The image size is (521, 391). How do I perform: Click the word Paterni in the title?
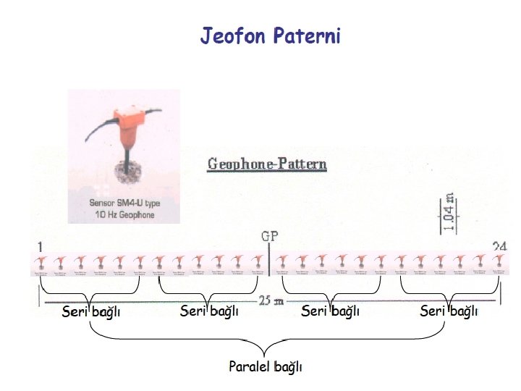pyautogui.click(x=307, y=35)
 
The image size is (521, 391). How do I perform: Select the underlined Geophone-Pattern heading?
pyautogui.click(x=267, y=164)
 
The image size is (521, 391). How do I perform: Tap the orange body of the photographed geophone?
pyautogui.click(x=127, y=126)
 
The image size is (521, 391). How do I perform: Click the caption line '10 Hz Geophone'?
pyautogui.click(x=124, y=215)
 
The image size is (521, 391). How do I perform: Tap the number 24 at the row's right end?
pyautogui.click(x=499, y=246)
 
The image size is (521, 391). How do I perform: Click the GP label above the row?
pyautogui.click(x=268, y=235)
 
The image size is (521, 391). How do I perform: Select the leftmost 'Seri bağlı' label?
pyautogui.click(x=90, y=313)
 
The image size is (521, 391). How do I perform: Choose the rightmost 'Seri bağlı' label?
pyautogui.click(x=449, y=312)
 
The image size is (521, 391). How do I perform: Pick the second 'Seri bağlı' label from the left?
pyautogui.click(x=209, y=311)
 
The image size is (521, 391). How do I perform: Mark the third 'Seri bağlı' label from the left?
pyautogui.click(x=330, y=311)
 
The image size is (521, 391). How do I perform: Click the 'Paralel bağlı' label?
pyautogui.click(x=266, y=366)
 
